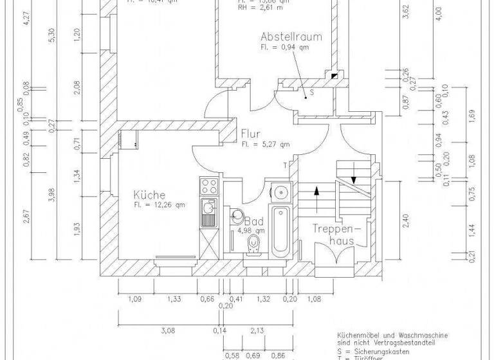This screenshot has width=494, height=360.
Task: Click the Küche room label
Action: [x=150, y=195]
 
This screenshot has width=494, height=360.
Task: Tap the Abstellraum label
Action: [x=291, y=37]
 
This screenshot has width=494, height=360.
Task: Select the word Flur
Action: [x=251, y=134]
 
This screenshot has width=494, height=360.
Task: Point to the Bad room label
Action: [x=253, y=220]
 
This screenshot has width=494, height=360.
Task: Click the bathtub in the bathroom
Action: [x=281, y=231]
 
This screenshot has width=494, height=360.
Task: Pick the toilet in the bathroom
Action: [x=255, y=243]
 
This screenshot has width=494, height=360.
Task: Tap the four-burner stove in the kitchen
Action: [x=208, y=186]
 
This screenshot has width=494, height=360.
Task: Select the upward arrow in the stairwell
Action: [x=316, y=192]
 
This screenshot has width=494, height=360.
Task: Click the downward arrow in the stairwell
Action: [x=353, y=172]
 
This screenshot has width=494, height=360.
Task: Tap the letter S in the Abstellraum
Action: [x=311, y=93]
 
